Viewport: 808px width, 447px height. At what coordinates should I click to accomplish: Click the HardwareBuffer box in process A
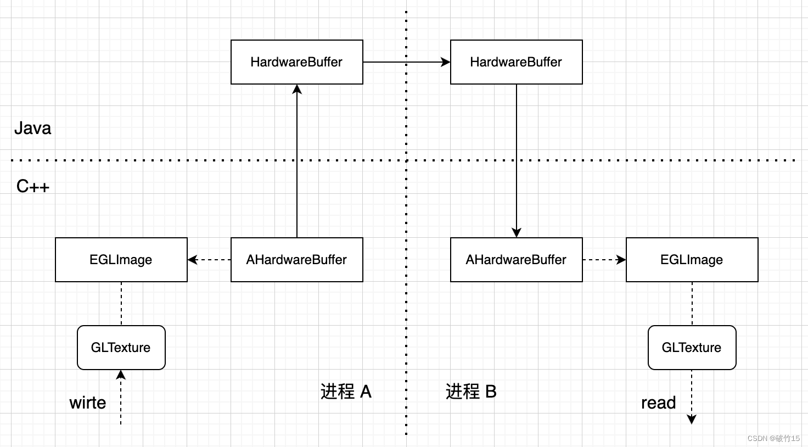tap(296, 62)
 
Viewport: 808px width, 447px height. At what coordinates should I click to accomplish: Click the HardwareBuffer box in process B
tap(516, 62)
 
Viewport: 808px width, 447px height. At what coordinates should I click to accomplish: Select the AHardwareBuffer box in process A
tap(296, 260)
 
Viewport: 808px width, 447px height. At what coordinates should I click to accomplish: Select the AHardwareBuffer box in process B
tap(516, 260)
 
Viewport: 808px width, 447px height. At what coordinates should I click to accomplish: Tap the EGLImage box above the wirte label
tap(121, 260)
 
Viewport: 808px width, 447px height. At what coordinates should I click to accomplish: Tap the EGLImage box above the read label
tap(692, 260)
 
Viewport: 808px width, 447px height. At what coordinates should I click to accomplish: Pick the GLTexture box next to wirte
tap(121, 348)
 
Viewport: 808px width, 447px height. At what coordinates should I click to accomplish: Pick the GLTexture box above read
tap(692, 348)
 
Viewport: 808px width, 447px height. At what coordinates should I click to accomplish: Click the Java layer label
tap(33, 128)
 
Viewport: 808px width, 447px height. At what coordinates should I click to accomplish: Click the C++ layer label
tap(33, 187)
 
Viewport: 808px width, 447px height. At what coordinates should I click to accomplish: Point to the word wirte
tap(88, 403)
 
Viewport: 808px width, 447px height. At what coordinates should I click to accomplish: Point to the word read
tap(658, 403)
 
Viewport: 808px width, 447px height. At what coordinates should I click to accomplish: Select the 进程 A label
tap(346, 392)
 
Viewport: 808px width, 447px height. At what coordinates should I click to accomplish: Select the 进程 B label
tap(471, 392)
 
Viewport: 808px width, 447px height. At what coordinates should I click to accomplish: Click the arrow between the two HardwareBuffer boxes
tap(406, 62)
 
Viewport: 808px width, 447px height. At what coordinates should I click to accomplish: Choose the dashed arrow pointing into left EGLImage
tap(209, 260)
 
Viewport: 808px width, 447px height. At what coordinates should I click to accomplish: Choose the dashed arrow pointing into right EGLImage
tap(604, 260)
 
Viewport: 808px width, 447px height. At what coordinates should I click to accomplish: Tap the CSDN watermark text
tap(773, 438)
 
